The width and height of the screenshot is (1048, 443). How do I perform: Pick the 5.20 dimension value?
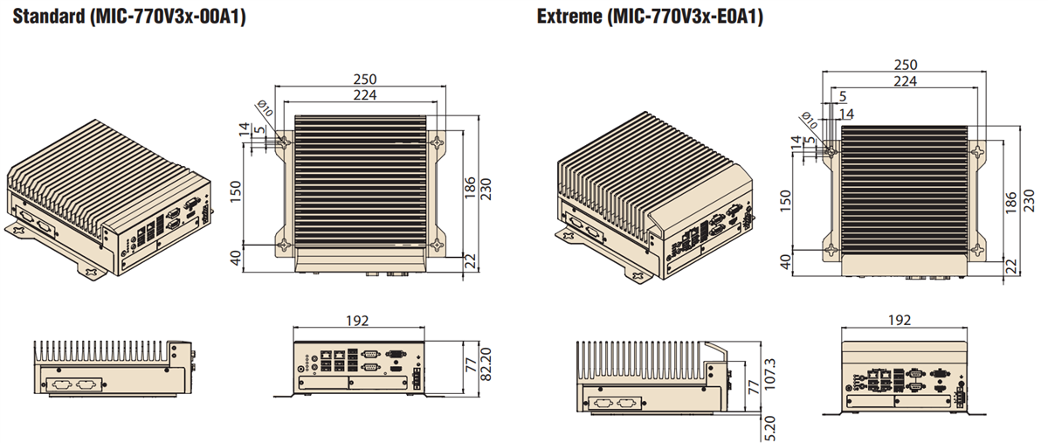[769, 428]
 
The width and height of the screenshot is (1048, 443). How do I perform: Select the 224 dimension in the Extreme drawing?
[905, 81]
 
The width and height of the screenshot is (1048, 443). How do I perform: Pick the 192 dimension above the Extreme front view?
[903, 321]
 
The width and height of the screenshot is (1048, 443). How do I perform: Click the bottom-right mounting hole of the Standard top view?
[436, 246]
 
